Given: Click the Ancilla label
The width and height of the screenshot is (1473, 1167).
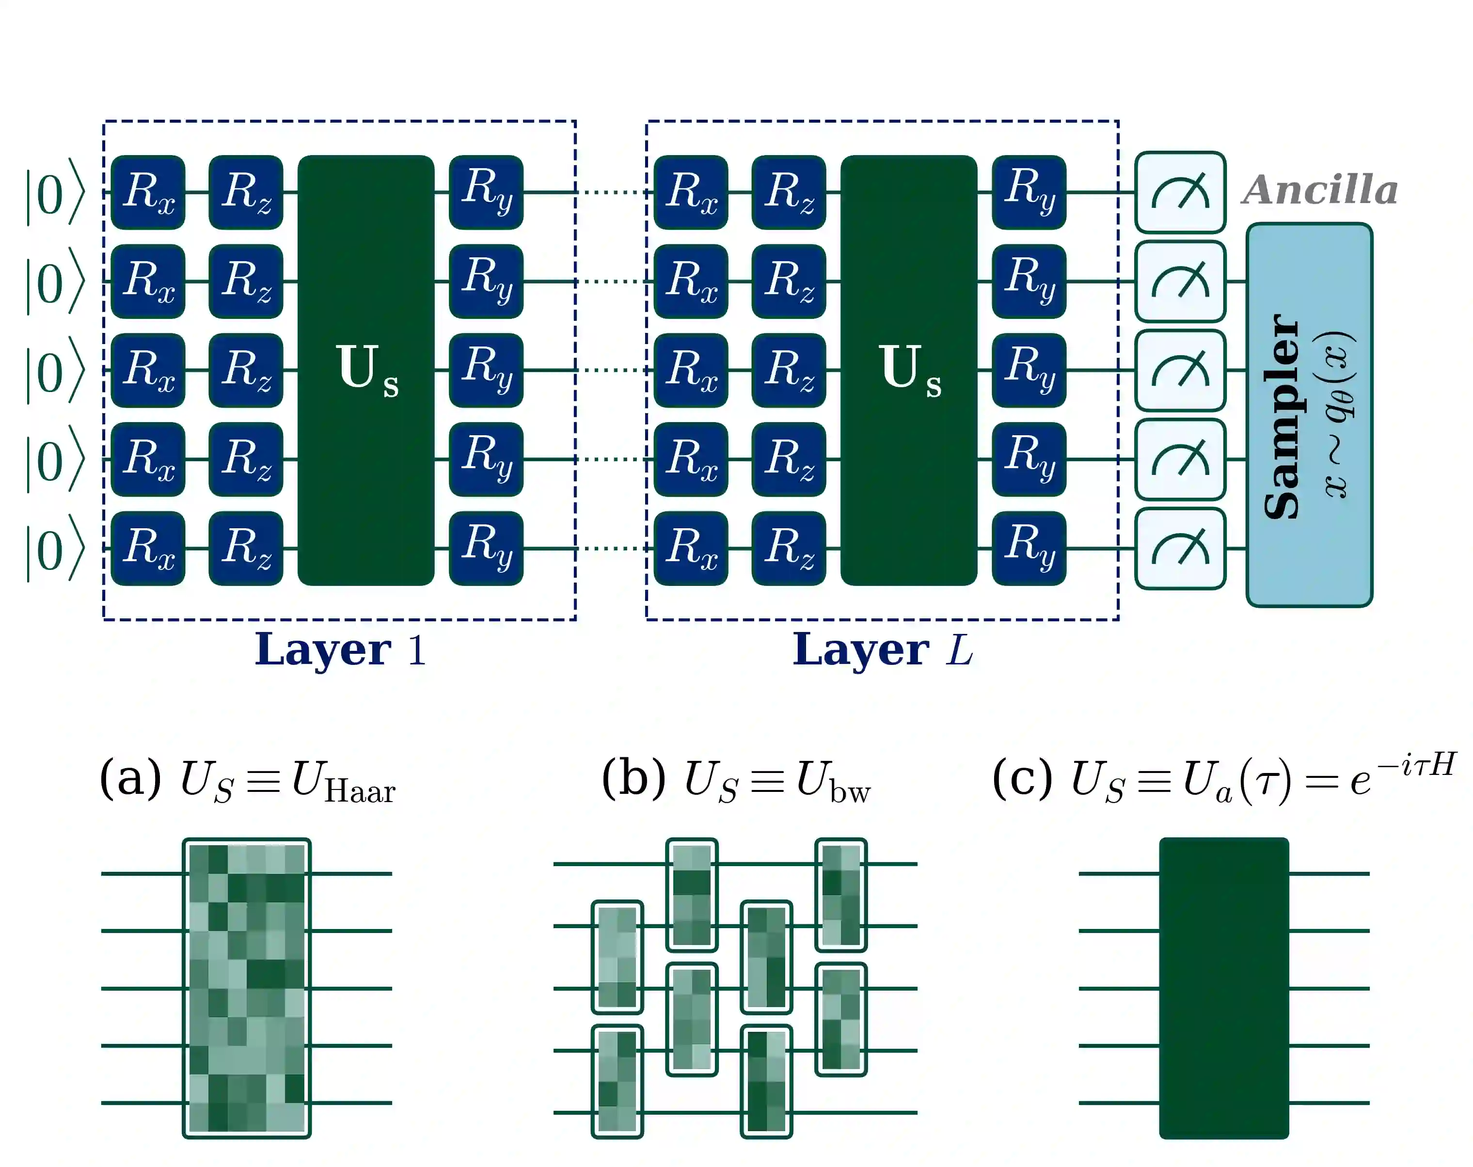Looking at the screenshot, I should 1320,190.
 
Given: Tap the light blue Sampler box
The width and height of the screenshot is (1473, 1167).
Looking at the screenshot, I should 1309,415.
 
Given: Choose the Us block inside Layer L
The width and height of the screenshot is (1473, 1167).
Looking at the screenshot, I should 909,370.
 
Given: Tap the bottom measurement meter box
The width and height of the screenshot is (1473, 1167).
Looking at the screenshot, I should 1180,549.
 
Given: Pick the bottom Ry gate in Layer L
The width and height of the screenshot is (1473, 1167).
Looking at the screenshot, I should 1029,549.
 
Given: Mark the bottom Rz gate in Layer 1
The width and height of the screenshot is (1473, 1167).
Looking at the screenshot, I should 246,549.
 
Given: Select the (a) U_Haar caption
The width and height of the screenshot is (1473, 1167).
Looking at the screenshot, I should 247,780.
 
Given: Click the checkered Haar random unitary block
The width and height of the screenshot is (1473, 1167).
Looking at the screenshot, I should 247,988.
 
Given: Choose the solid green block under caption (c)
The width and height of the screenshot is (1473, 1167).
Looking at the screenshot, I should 1224,988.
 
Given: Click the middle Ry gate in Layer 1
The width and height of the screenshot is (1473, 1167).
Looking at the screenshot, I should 486,370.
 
